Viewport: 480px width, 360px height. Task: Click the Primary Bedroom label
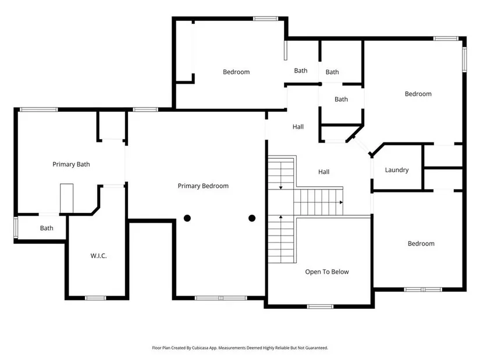coord(203,186)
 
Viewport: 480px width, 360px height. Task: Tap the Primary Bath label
coord(71,165)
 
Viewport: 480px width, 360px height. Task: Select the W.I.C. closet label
coord(98,256)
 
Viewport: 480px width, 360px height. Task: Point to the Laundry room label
coord(397,170)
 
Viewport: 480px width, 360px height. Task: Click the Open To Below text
coord(327,272)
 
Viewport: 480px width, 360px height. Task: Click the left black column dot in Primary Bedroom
coord(187,218)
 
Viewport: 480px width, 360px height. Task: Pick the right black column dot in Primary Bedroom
coord(252,218)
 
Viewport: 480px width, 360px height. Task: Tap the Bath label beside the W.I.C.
coord(47,228)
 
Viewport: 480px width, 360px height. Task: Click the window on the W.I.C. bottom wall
coord(95,298)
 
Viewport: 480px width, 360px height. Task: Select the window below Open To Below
coord(320,306)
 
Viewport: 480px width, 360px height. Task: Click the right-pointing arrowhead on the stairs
coord(341,202)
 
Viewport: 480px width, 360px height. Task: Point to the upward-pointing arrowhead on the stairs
coord(280,217)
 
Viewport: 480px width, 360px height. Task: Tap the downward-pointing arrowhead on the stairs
coord(280,188)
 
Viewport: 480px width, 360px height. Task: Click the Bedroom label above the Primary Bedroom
coord(236,72)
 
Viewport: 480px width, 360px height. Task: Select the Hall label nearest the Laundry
coord(323,172)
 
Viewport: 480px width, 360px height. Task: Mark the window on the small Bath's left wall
coord(16,227)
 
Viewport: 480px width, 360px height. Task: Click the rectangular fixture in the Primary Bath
coord(66,198)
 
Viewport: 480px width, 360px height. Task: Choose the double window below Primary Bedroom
coord(221,298)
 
